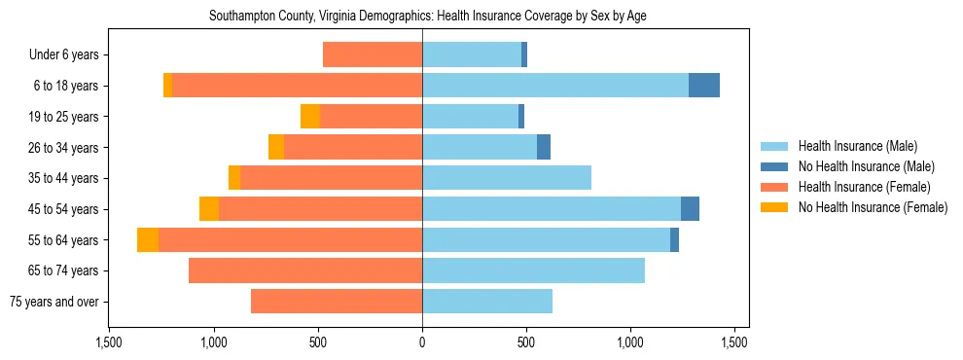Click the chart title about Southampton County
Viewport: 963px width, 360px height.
coord(428,16)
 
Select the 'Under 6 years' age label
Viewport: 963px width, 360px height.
coord(70,55)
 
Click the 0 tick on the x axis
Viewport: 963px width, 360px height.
coord(422,342)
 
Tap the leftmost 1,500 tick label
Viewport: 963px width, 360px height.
coord(109,342)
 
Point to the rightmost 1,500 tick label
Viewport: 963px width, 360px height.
coord(734,342)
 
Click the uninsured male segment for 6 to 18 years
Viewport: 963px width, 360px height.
coord(704,86)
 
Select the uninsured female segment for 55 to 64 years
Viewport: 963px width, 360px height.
coord(148,240)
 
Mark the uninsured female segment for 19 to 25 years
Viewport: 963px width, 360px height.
coord(310,117)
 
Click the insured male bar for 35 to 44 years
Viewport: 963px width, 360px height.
coord(507,178)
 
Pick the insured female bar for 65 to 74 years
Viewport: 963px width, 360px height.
coord(305,270)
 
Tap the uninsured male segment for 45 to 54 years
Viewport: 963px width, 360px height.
coord(690,209)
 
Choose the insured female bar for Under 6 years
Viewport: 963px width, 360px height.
coord(373,55)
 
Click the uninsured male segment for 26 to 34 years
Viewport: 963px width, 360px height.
coord(544,148)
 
